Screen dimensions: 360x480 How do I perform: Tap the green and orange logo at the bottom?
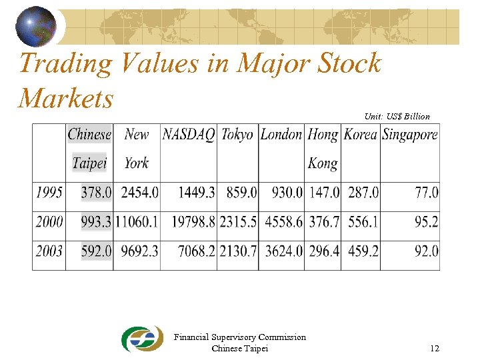point(141,339)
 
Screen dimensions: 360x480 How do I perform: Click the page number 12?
point(435,348)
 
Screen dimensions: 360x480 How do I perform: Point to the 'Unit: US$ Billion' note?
point(397,116)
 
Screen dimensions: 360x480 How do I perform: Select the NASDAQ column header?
point(189,134)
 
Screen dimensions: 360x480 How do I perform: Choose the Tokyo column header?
point(237,134)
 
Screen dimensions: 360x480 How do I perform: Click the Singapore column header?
point(410,135)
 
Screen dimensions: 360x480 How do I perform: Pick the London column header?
point(281,134)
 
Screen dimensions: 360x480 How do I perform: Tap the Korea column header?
point(360,134)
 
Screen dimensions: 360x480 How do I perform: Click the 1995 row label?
point(49,193)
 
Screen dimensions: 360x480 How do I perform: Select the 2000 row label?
point(49,221)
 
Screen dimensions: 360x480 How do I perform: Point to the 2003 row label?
point(49,251)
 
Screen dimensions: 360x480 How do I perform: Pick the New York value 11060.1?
point(137,221)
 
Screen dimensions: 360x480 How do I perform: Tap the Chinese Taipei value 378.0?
point(96,193)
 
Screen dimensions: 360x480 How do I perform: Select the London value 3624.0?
point(281,251)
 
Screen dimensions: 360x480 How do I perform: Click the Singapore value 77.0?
point(426,193)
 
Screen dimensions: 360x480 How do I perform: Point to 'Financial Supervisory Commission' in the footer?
point(240,337)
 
